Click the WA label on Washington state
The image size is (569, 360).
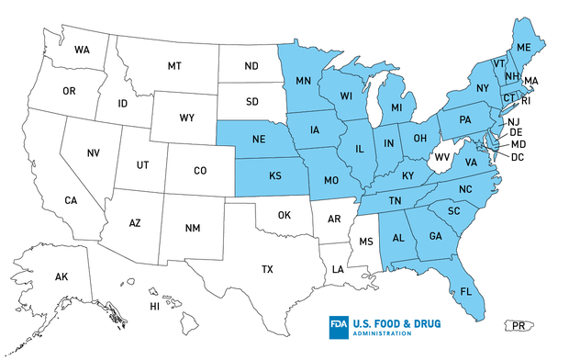click(82, 49)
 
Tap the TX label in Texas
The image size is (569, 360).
click(267, 269)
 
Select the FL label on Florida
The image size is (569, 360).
click(466, 292)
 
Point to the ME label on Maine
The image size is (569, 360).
click(525, 47)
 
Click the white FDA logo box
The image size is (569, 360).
click(340, 327)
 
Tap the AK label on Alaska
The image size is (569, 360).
click(61, 276)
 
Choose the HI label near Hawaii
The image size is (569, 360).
click(155, 306)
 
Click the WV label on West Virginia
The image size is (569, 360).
click(441, 157)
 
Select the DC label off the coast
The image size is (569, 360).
click(518, 157)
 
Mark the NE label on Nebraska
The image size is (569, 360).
click(258, 142)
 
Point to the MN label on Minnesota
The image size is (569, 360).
click(303, 80)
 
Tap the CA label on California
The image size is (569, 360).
click(70, 200)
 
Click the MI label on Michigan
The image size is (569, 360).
click(396, 109)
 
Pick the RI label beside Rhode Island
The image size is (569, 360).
click(526, 101)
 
